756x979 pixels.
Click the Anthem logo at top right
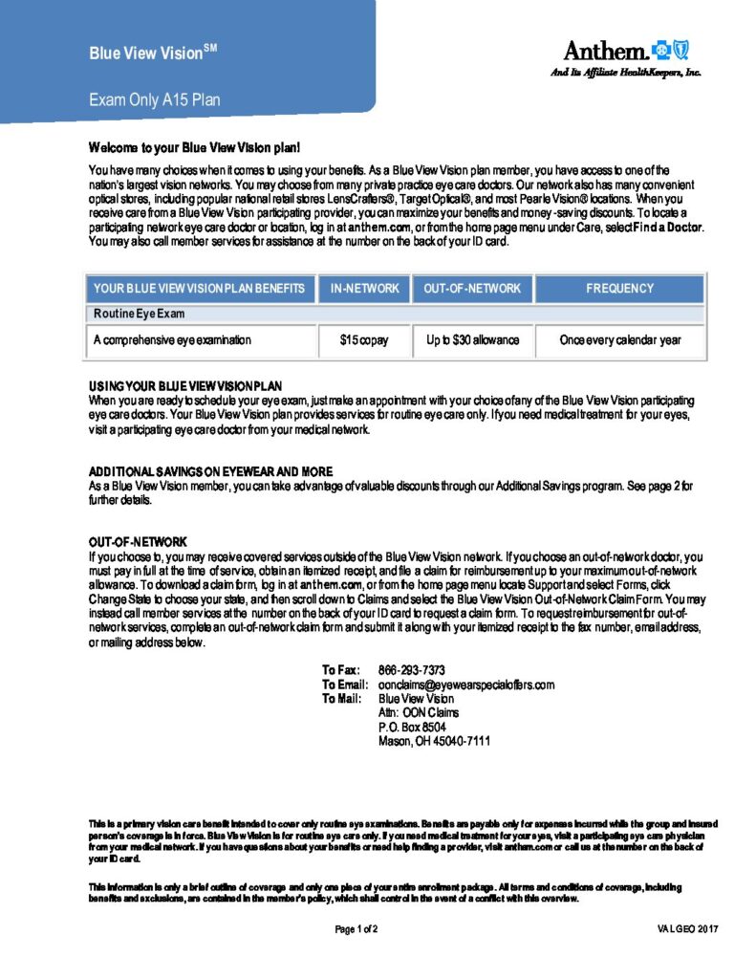(624, 52)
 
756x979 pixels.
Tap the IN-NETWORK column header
(363, 288)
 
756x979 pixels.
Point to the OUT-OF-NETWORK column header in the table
(472, 288)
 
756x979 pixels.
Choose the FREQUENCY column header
(619, 288)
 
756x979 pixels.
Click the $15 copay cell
(363, 340)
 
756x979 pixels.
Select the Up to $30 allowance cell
(472, 340)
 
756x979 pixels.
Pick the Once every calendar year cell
(619, 340)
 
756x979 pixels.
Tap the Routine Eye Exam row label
(139, 314)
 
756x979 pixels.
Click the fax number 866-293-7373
(412, 670)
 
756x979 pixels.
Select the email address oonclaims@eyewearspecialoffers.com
(466, 685)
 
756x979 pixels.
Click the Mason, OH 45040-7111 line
(434, 740)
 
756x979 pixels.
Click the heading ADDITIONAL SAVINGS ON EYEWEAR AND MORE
(211, 472)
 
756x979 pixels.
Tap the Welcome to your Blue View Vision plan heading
(195, 148)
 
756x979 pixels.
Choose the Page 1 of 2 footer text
(356, 929)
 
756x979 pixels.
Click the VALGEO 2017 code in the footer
(688, 929)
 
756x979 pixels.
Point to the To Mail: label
(341, 699)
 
